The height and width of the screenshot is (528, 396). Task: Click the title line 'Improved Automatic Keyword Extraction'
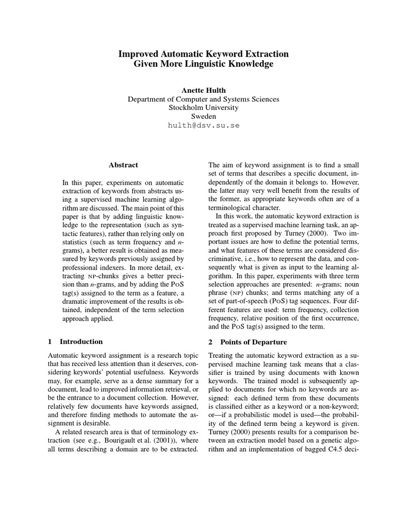click(204, 54)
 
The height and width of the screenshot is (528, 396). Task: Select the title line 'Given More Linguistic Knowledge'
click(204, 64)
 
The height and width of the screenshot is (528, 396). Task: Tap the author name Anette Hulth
click(204, 90)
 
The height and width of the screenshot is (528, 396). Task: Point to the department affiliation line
click(204, 99)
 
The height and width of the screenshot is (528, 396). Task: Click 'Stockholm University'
click(204, 108)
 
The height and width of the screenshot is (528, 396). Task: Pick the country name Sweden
click(204, 117)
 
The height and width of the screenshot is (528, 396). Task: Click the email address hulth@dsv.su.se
click(204, 125)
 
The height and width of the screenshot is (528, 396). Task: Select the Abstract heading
click(123, 165)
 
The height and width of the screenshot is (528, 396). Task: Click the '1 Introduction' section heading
click(75, 341)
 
